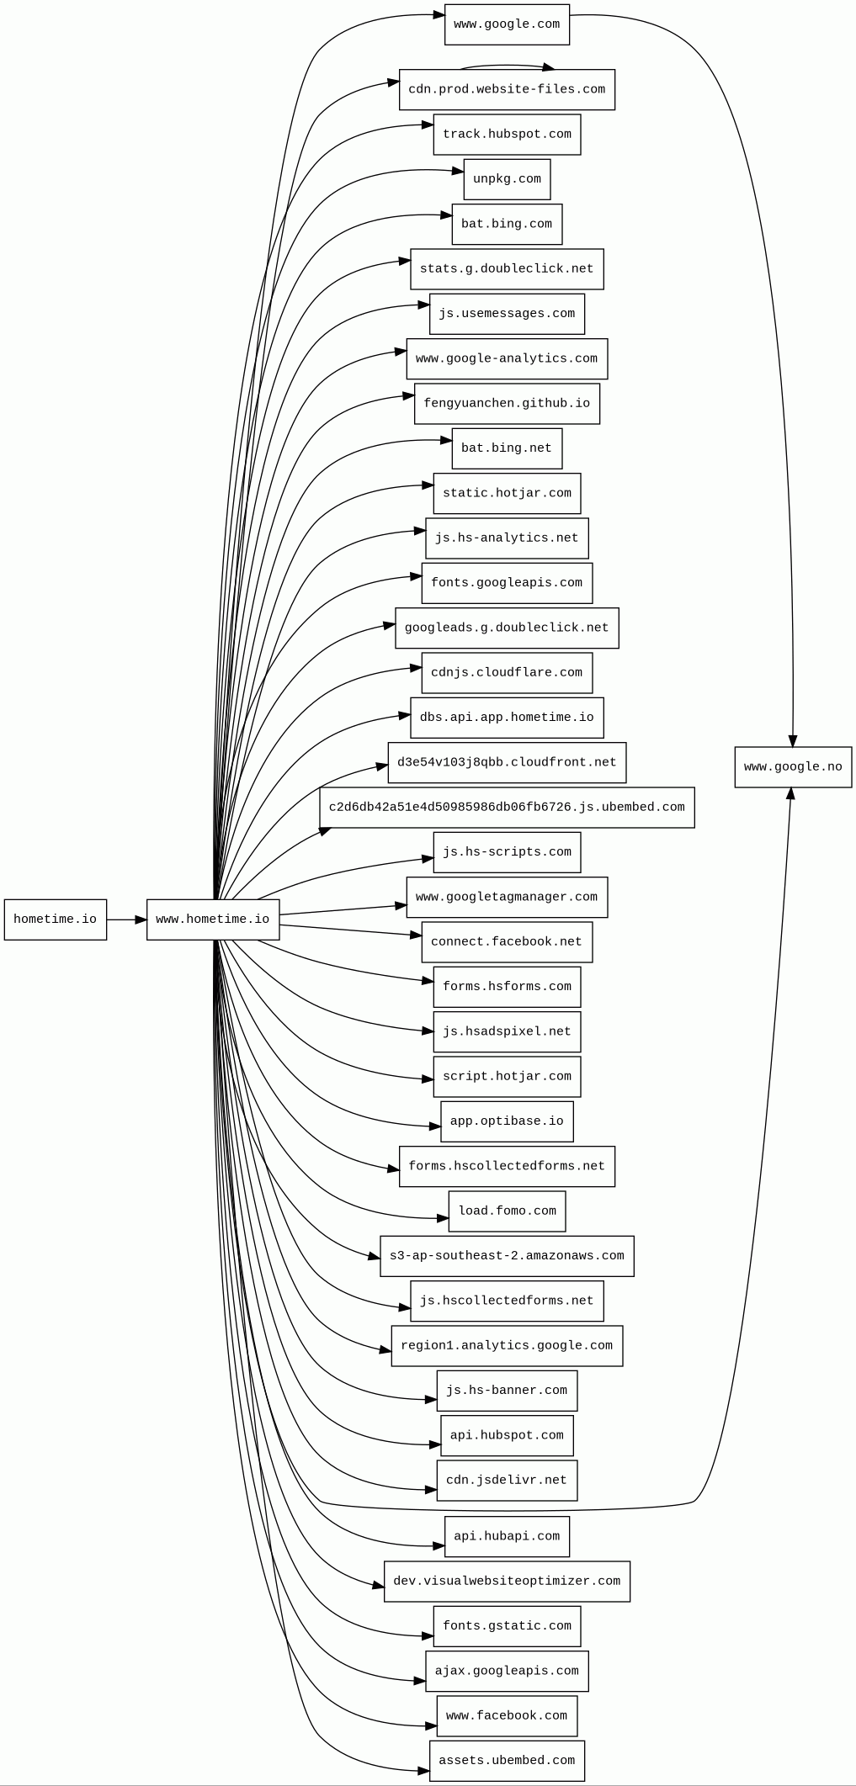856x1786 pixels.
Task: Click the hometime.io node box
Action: (x=56, y=919)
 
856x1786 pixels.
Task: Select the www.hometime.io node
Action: (x=213, y=919)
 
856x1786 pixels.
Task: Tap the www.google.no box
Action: (x=793, y=767)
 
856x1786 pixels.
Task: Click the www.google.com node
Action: (x=507, y=24)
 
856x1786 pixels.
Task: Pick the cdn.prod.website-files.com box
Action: (x=507, y=89)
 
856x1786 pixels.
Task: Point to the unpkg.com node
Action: (x=507, y=179)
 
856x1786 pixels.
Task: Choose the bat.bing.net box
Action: (x=507, y=448)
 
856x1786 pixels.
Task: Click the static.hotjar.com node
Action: (x=507, y=493)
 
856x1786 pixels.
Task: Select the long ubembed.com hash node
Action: (x=507, y=808)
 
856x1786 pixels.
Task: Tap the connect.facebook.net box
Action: (x=507, y=942)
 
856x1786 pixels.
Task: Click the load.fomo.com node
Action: (x=507, y=1211)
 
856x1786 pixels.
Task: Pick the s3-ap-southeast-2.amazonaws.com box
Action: (x=507, y=1256)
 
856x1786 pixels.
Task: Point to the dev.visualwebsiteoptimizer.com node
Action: (x=507, y=1582)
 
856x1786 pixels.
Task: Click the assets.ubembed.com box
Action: (x=507, y=1761)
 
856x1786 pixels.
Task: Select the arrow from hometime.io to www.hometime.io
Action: (x=126, y=919)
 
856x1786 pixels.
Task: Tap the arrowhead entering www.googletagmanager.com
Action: (x=401, y=905)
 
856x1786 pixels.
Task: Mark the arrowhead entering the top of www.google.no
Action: (x=792, y=740)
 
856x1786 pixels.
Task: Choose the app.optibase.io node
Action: (x=507, y=1121)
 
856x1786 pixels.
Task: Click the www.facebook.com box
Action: (x=507, y=1716)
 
